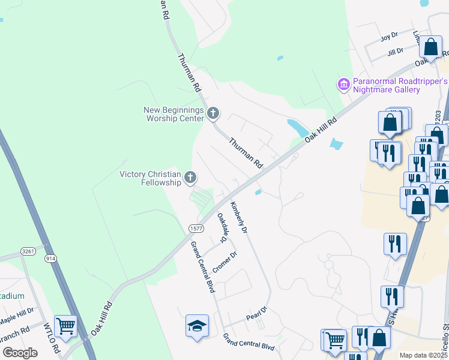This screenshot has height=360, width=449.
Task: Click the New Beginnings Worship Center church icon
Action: (x=212, y=113)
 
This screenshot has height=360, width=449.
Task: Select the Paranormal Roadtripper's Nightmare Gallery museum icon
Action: (x=344, y=85)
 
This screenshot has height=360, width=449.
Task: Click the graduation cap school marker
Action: (x=197, y=326)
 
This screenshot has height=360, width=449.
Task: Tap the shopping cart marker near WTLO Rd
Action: (x=65, y=327)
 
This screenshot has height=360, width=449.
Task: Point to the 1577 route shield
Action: (x=196, y=228)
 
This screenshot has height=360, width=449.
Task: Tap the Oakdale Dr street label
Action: (x=222, y=228)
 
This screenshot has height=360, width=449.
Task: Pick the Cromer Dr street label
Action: (x=225, y=262)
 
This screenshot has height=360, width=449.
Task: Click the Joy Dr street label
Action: (x=390, y=38)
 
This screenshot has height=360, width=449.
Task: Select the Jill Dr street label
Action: (x=396, y=52)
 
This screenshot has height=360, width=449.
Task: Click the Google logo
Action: (x=20, y=352)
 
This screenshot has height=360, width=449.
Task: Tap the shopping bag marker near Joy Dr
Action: (x=430, y=47)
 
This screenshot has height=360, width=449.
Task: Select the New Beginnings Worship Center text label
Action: (x=174, y=113)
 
